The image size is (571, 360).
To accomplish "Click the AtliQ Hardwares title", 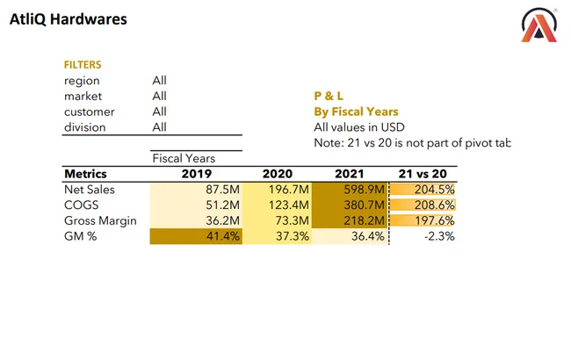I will pos(68,18).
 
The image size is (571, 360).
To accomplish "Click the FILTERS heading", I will pos(83,65).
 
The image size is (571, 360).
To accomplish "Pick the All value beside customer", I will pos(159,112).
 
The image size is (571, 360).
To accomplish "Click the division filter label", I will pos(84,127).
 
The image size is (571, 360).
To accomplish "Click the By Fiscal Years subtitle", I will pos(356,112).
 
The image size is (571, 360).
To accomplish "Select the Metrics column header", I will pos(85,174).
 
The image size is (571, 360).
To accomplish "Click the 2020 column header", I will pos(277,174).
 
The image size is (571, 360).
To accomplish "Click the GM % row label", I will pos(80,237).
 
